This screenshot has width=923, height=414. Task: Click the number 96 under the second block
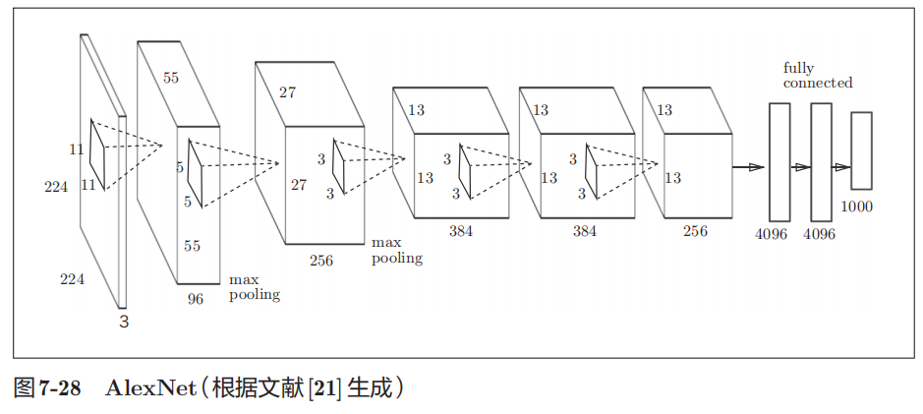click(196, 299)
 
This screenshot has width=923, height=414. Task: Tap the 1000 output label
click(857, 207)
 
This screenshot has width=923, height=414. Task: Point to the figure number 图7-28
click(48, 387)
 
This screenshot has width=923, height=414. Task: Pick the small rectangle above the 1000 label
click(861, 150)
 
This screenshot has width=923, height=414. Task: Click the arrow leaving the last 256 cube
click(749, 167)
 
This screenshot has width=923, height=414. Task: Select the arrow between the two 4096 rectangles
click(801, 167)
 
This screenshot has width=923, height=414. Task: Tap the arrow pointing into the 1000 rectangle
click(841, 167)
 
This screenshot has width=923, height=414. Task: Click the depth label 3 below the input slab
click(124, 321)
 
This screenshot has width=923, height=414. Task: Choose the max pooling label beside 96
click(254, 287)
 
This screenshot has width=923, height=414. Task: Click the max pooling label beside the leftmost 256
click(396, 251)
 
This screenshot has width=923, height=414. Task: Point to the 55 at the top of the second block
click(171, 78)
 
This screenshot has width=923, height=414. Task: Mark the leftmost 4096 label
click(772, 234)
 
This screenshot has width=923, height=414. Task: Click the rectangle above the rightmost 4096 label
click(821, 161)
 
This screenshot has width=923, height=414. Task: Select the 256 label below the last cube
click(695, 231)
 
